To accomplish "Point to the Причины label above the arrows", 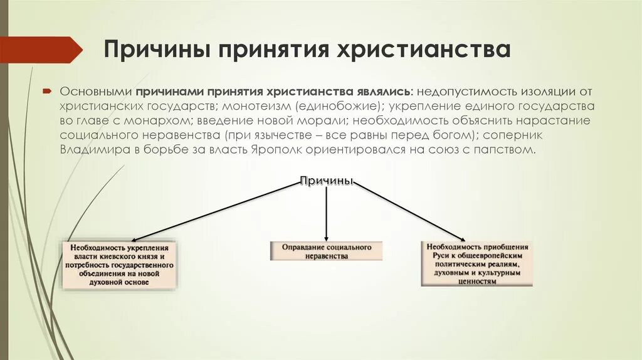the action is tap(327, 182).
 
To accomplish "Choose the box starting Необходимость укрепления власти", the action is tap(119, 265).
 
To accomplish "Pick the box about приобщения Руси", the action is tap(476, 264).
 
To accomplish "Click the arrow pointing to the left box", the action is tap(188, 212).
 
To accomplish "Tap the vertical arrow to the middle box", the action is tap(326, 213).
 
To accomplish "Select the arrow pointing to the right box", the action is tap(414, 210).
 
